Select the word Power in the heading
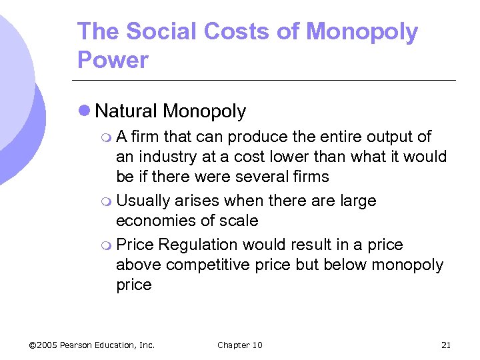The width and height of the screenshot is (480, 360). point(113,60)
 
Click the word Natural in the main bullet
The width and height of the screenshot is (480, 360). point(127,111)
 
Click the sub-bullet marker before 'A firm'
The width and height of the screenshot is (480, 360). point(107,137)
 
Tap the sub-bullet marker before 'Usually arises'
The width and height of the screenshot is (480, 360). point(107,201)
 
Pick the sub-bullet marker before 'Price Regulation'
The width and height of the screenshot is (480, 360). point(107,245)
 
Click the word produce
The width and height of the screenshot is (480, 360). point(257,137)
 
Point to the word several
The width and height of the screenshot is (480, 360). point(255,177)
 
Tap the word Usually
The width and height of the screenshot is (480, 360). point(143,201)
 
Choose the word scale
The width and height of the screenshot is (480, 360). point(241,221)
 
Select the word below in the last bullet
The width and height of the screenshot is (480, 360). point(344,265)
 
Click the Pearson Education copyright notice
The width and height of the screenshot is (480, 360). point(92,345)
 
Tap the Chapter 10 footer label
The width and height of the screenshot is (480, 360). point(240,345)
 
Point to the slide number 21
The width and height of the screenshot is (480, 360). point(446,345)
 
